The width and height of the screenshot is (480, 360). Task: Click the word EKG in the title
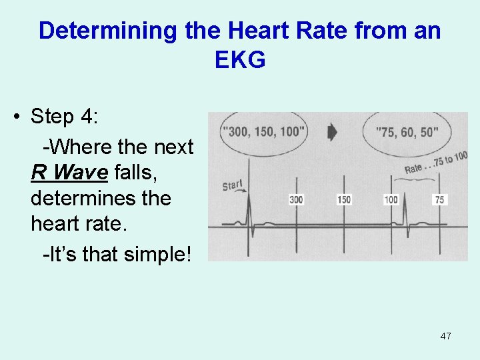pos(240,60)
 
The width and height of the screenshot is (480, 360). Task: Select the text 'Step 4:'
pos(65,116)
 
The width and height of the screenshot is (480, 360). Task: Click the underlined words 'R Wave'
pos(69,173)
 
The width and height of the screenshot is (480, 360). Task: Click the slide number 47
pos(445,336)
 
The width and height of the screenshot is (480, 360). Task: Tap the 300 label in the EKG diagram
pos(296,199)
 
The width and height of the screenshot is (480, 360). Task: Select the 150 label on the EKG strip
pos(344,199)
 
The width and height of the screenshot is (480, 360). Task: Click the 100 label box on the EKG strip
pos(391,199)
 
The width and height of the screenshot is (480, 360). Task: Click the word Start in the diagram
pos(233,183)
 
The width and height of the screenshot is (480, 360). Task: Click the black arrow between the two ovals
pos(333,132)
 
